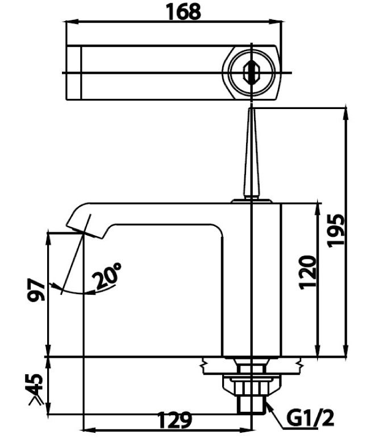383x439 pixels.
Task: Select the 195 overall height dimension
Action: (336, 229)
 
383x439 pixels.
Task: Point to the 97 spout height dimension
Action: (35, 291)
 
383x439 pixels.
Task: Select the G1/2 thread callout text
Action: (310, 420)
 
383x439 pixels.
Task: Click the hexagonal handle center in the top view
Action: (250, 73)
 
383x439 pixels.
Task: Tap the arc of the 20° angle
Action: (80, 292)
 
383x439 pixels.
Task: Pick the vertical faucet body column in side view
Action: (251, 278)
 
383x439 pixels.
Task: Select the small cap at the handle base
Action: (251, 200)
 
